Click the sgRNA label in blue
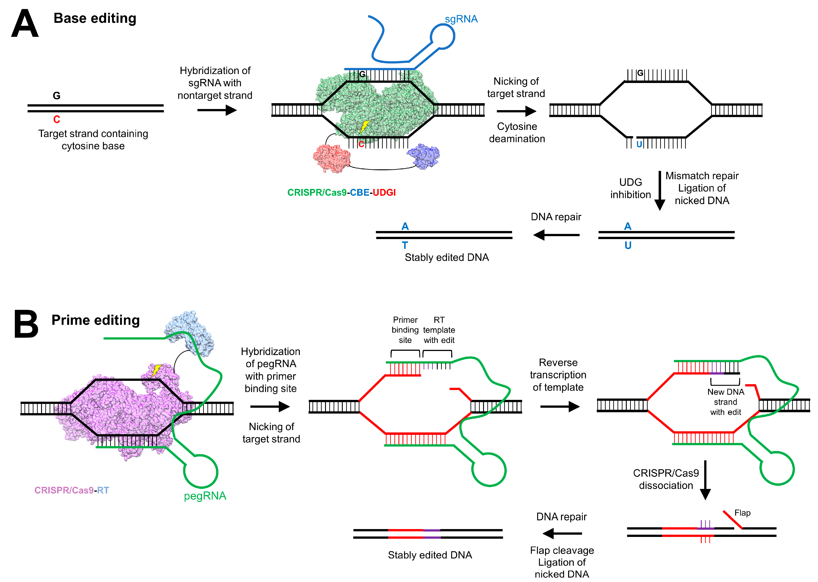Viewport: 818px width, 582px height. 461,19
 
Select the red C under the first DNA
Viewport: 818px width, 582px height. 57,119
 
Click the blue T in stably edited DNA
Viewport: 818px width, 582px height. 405,246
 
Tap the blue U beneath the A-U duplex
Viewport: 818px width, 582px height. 628,246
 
